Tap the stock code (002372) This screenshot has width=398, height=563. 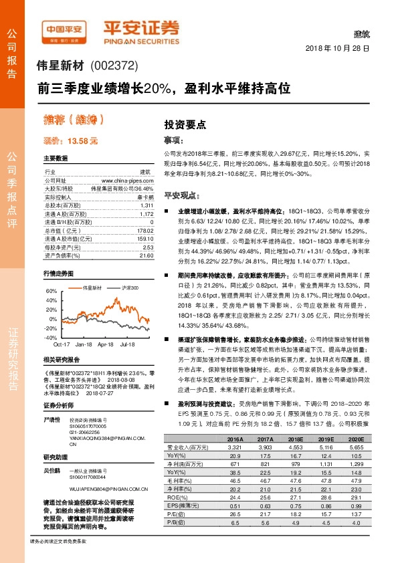point(112,66)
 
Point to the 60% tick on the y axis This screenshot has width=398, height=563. point(51,292)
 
